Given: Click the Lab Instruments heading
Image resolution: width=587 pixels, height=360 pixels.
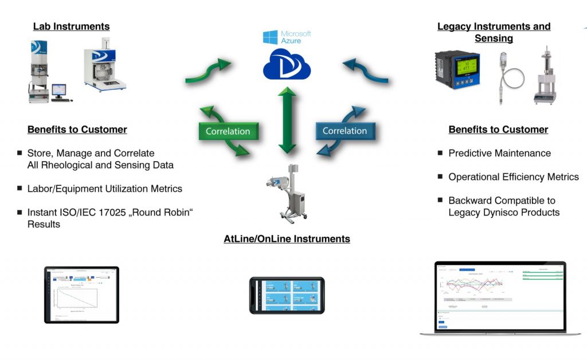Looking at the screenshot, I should [x=71, y=26].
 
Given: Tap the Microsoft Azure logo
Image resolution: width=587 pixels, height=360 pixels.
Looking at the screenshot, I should [x=287, y=37].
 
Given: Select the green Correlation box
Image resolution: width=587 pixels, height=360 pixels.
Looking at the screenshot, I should [x=228, y=131].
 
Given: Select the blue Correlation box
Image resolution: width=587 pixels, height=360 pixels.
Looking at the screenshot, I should [x=345, y=131].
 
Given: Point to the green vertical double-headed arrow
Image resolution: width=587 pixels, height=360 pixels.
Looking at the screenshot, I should [x=287, y=120].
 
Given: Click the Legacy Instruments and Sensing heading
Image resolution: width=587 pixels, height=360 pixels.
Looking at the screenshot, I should [x=494, y=32].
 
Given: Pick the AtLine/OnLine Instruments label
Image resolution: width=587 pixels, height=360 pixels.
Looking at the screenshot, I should [x=287, y=238].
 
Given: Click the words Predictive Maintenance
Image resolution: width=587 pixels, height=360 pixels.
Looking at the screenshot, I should [x=499, y=153].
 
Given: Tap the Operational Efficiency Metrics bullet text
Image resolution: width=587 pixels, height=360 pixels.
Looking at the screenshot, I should [x=513, y=177].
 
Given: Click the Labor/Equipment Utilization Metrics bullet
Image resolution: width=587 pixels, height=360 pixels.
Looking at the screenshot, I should [x=105, y=189].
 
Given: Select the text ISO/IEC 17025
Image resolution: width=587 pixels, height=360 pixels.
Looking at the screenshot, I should [x=92, y=212].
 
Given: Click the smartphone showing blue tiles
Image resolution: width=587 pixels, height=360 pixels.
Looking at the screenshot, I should [x=287, y=295].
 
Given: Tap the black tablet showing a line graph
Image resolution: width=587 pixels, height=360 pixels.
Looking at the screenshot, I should [x=81, y=294].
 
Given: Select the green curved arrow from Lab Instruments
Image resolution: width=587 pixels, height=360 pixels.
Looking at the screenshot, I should [x=208, y=71].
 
